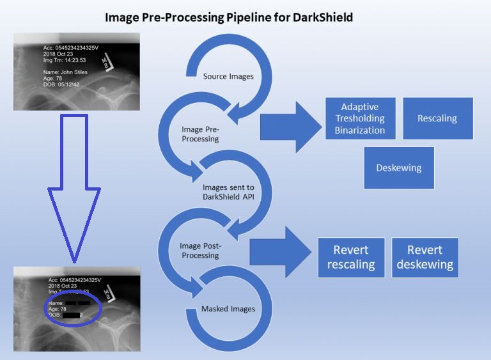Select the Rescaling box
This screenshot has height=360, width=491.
[437, 118]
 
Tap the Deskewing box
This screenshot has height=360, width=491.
[398, 168]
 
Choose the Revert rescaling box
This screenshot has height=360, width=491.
[350, 257]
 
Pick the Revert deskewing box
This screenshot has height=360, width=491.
[425, 257]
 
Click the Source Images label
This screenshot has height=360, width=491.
[228, 77]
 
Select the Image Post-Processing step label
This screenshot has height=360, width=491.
[200, 250]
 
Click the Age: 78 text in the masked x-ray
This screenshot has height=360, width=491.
[58, 309]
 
